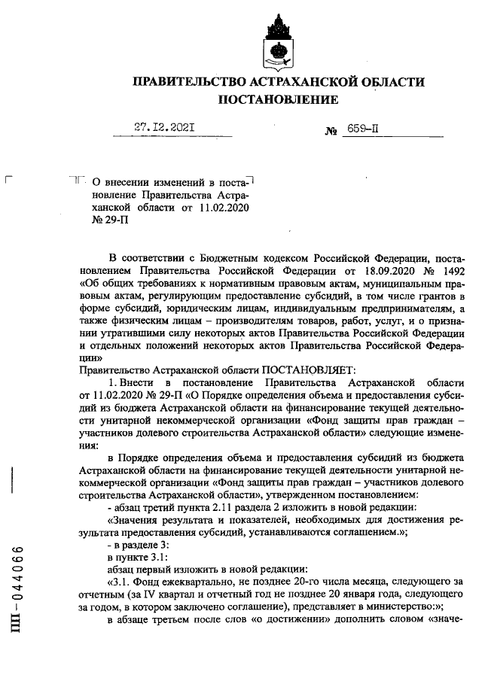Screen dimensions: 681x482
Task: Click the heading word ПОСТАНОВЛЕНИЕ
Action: (x=278, y=99)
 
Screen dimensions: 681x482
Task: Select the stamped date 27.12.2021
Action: (x=165, y=128)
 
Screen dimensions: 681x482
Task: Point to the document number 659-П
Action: (x=363, y=129)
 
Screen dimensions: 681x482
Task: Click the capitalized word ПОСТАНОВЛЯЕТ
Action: (x=301, y=370)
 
